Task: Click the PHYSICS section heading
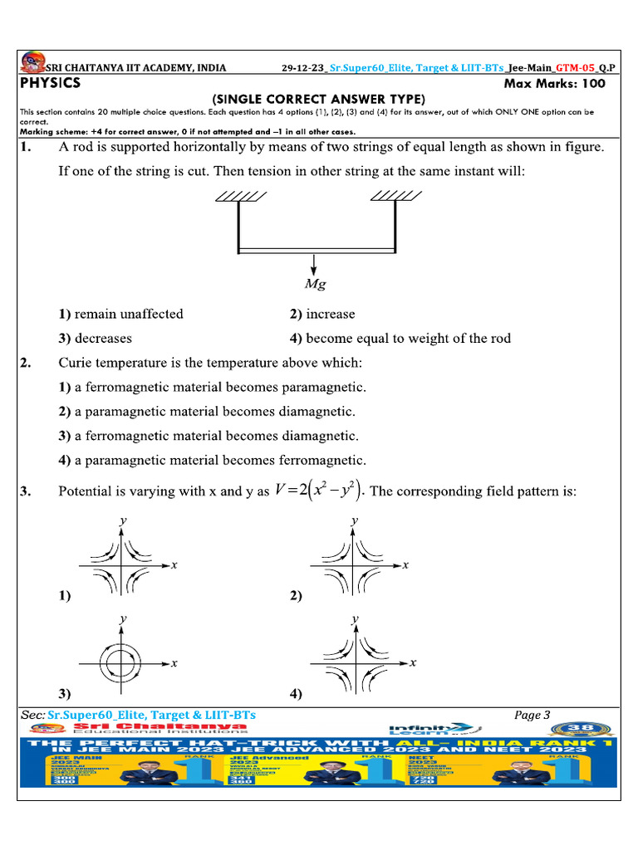click(x=51, y=83)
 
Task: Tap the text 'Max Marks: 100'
click(x=555, y=84)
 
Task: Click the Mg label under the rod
click(x=315, y=285)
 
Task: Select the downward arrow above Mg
click(x=315, y=265)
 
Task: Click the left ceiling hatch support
click(x=241, y=196)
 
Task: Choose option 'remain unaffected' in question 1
click(x=128, y=314)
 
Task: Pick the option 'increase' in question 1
click(x=330, y=314)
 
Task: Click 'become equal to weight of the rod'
click(x=408, y=338)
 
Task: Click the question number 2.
click(x=26, y=363)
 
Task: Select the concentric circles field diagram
click(x=123, y=663)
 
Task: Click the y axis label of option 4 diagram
click(x=355, y=619)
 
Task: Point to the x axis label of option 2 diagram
click(x=405, y=565)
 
